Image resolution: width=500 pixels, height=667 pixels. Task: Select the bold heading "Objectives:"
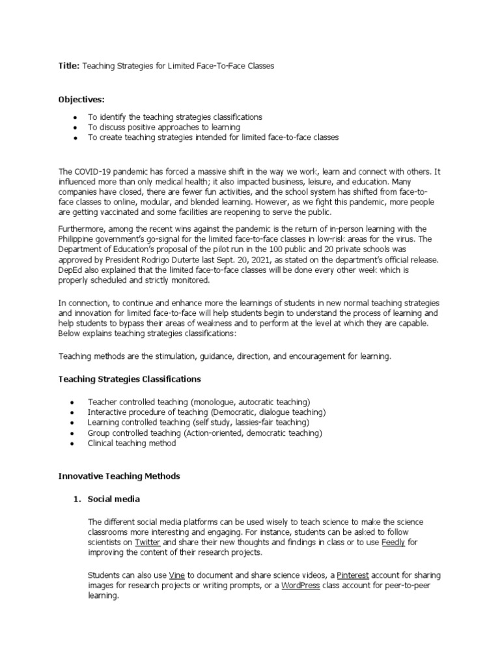pos(82,99)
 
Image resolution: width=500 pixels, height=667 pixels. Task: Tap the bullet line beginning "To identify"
pos(175,117)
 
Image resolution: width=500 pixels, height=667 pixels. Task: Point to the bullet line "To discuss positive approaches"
pos(164,127)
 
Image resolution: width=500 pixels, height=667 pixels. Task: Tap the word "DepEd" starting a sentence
pos(70,269)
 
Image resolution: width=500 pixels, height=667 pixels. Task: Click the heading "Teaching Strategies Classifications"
pos(130,379)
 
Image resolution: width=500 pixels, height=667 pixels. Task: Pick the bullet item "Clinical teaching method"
pos(132,444)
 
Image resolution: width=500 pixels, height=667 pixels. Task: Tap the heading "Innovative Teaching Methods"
pos(119,476)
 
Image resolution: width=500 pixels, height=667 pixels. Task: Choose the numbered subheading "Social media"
pos(114,499)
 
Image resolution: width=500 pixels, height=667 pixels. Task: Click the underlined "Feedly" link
pos(393,542)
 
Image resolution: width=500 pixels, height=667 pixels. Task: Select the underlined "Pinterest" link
pos(353,575)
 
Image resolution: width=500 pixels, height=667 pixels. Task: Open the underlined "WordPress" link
pos(301,586)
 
